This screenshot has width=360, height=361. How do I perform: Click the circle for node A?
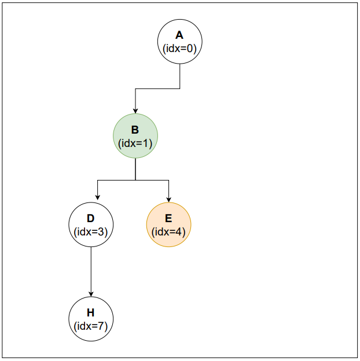pyautogui.click(x=180, y=42)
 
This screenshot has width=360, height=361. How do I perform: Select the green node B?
pyautogui.click(x=135, y=137)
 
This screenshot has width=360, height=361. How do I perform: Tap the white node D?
pyautogui.click(x=91, y=225)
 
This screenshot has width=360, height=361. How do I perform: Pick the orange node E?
pyautogui.click(x=168, y=225)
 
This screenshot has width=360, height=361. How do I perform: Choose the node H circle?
pyautogui.click(x=91, y=319)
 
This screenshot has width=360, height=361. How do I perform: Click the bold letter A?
pyautogui.click(x=180, y=36)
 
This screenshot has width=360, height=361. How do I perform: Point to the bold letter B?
pyautogui.click(x=135, y=130)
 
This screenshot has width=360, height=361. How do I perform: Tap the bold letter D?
pyautogui.click(x=91, y=219)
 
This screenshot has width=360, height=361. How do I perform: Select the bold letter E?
pyautogui.click(x=168, y=219)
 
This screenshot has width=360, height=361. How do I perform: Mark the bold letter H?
pyautogui.click(x=91, y=313)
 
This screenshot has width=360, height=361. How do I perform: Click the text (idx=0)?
pyautogui.click(x=180, y=49)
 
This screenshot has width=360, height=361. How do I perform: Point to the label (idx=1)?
pyautogui.click(x=135, y=143)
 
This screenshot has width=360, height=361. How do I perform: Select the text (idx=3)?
pyautogui.click(x=91, y=232)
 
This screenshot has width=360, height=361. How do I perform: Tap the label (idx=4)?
pyautogui.click(x=168, y=232)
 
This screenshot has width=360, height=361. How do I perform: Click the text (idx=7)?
pyautogui.click(x=91, y=326)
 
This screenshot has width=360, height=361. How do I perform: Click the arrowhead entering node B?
pyautogui.click(x=135, y=111)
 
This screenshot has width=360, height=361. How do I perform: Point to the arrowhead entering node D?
pyautogui.click(x=97, y=200)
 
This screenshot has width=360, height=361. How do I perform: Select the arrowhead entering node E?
pyautogui.click(x=168, y=200)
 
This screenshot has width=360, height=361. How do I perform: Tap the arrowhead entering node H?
pyautogui.click(x=91, y=294)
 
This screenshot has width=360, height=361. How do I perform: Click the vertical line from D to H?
pyautogui.click(x=91, y=269)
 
